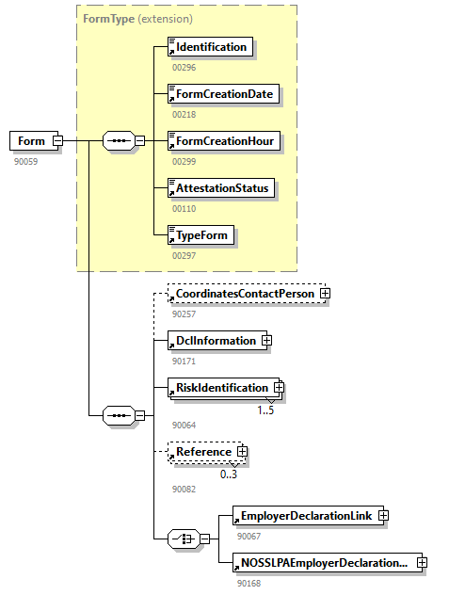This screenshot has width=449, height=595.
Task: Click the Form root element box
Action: (x=31, y=141)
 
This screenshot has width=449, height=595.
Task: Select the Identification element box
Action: (x=210, y=47)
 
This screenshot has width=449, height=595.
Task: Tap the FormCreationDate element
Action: (x=223, y=94)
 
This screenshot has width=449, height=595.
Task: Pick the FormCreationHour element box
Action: (x=224, y=141)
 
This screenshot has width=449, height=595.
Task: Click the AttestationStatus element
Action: (x=221, y=188)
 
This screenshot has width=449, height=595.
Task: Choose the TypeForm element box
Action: (x=200, y=234)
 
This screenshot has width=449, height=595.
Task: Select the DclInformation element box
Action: (x=216, y=341)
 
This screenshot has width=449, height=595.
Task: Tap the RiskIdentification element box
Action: (x=221, y=387)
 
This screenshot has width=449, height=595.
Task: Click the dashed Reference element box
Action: (x=203, y=452)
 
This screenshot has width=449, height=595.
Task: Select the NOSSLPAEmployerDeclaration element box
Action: (x=323, y=563)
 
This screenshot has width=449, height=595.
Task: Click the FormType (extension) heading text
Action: (x=137, y=19)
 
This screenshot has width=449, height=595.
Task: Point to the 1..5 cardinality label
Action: (x=265, y=410)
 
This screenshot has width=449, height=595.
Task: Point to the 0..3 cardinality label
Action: (x=229, y=474)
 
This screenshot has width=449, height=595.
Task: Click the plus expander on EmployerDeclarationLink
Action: (x=383, y=516)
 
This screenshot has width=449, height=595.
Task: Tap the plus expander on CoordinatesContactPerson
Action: (x=325, y=294)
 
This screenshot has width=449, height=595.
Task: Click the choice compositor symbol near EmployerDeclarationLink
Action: (x=181, y=539)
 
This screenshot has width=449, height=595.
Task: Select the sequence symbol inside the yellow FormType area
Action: (x=118, y=141)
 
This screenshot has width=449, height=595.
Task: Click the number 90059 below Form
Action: (x=26, y=161)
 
